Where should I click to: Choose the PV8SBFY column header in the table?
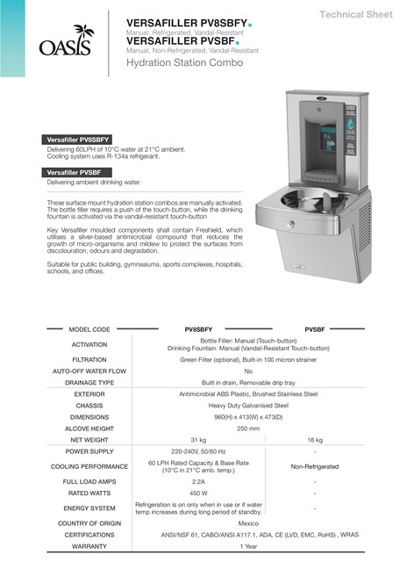[x=197, y=328]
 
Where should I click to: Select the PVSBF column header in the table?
[x=315, y=328]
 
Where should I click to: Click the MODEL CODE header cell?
[x=89, y=328]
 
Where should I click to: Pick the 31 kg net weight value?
[x=197, y=439]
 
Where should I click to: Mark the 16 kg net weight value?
[x=315, y=439]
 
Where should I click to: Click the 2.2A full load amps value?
[x=197, y=482]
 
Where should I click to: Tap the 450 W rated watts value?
[x=197, y=495]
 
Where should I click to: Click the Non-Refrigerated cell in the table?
[x=315, y=466]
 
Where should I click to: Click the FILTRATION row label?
[x=89, y=359]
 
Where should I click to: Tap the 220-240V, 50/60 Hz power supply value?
[x=197, y=451]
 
